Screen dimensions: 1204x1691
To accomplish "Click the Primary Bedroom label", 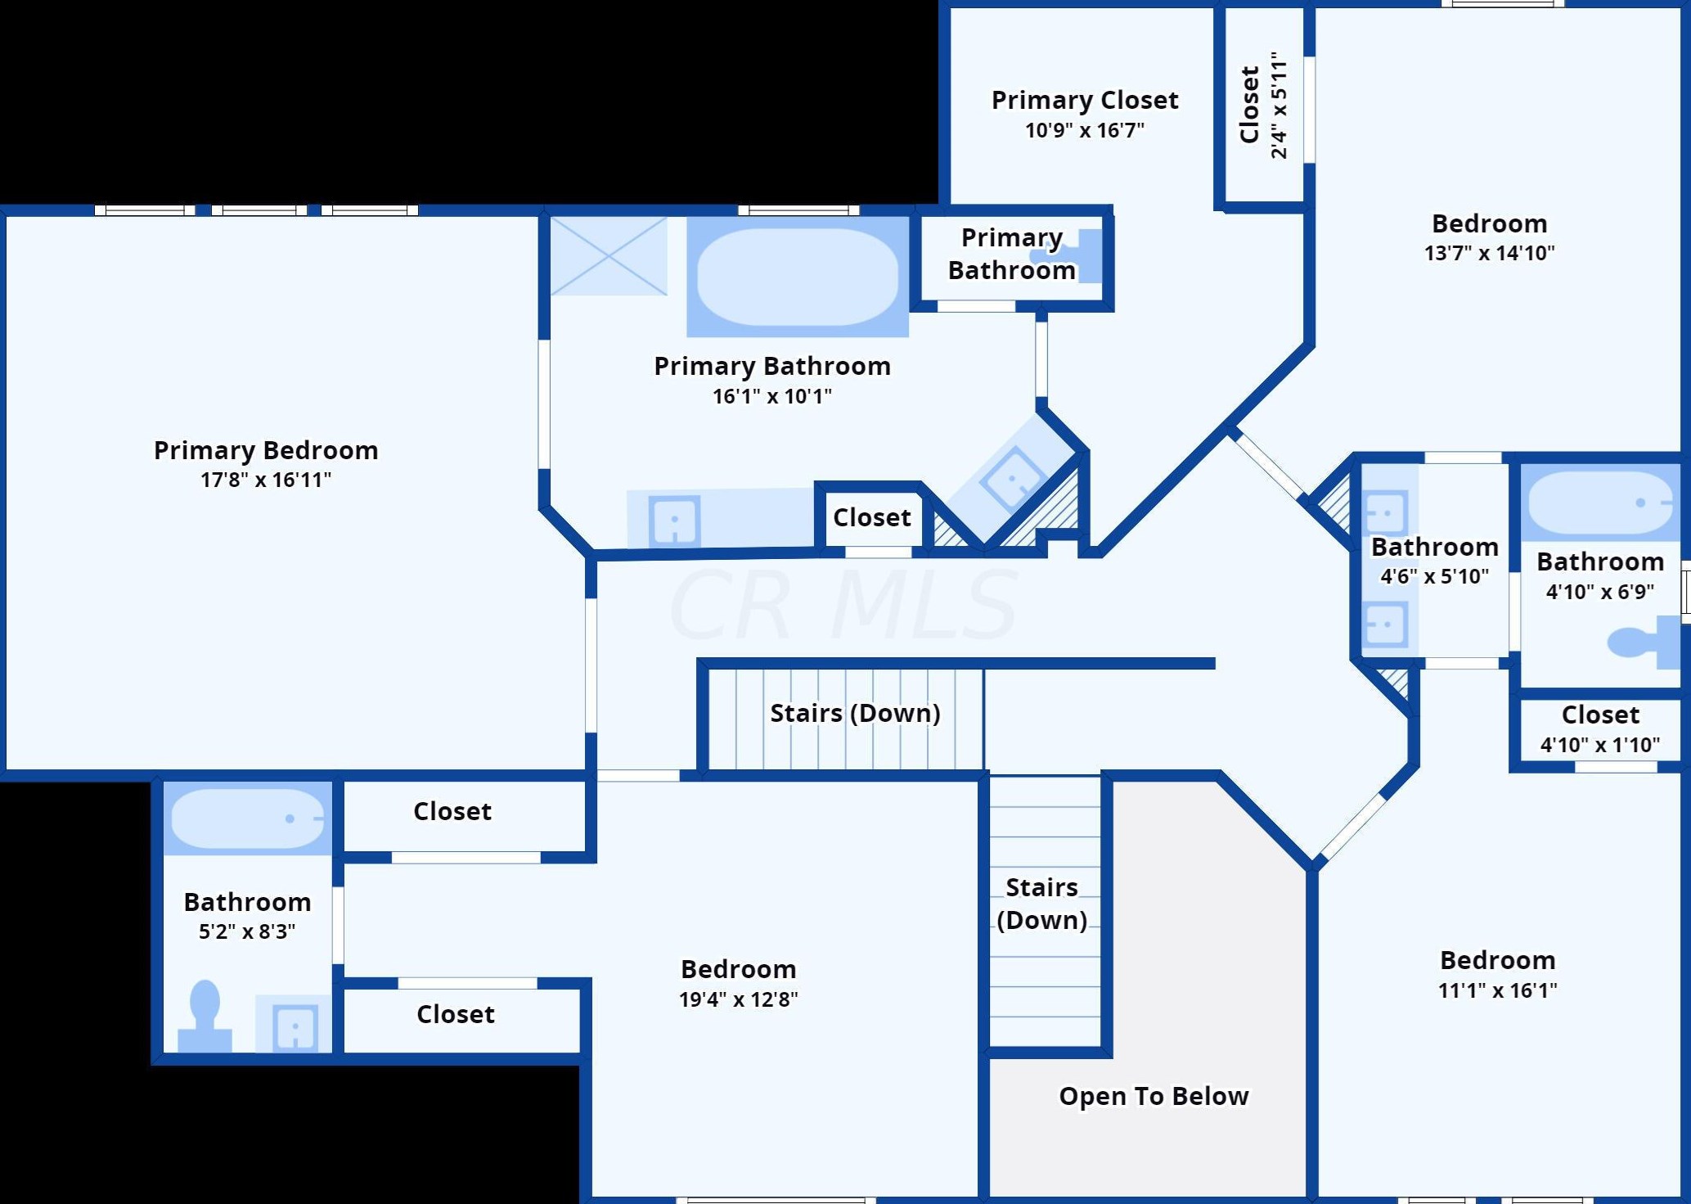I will (266, 450).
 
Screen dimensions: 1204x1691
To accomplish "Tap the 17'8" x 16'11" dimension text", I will (266, 480).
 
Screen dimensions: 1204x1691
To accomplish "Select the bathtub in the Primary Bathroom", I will (797, 277).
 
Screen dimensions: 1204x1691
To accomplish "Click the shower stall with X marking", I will (609, 255).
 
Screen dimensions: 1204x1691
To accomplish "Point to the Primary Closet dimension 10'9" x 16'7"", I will (1084, 130).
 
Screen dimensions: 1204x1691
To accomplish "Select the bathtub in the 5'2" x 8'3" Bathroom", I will (248, 818).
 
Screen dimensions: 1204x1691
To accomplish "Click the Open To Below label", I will (1154, 1096).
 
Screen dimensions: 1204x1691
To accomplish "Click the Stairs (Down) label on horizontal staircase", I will (855, 713).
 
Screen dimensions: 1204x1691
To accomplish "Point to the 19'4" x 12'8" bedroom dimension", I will (738, 999).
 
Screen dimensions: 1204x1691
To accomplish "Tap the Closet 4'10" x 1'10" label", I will (1600, 715).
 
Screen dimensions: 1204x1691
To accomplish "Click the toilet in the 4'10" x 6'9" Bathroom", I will (1640, 642).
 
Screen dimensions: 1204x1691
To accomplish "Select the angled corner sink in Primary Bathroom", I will (1014, 478).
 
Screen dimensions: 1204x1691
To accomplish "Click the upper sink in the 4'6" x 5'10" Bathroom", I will (1386, 513).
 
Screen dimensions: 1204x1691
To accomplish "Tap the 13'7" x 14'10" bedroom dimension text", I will (1489, 253).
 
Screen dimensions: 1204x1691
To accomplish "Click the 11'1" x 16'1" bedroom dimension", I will (1497, 990).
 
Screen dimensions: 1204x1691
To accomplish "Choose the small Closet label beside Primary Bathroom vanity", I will (871, 517).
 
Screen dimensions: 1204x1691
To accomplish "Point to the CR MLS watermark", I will (843, 606).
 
